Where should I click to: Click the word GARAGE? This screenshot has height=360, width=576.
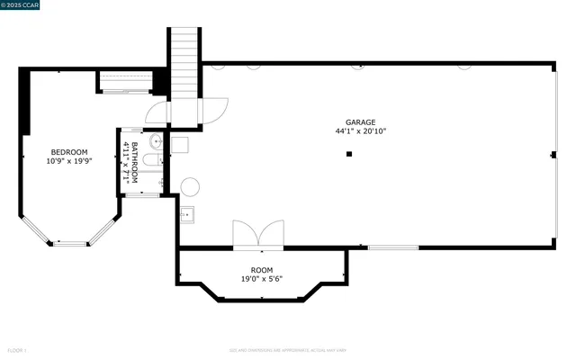(360, 121)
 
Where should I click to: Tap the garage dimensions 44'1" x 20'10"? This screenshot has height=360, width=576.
(360, 131)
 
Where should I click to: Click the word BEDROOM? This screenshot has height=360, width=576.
(69, 151)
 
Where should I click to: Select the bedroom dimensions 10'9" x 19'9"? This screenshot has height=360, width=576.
(69, 161)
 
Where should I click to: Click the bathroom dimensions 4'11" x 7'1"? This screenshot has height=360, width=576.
(126, 162)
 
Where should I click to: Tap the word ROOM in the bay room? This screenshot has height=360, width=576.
(261, 270)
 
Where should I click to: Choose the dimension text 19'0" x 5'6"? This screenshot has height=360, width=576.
(261, 280)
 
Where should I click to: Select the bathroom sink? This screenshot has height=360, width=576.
(156, 141)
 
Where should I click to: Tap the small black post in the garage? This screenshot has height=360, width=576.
(348, 154)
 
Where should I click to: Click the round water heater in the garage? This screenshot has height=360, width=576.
(190, 187)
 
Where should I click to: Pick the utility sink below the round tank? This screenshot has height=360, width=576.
(187, 214)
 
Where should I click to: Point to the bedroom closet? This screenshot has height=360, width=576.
(125, 82)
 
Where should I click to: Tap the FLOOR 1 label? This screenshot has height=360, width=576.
(17, 349)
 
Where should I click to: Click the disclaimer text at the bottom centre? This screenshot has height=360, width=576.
(288, 349)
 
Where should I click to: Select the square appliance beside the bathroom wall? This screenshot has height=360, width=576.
(178, 144)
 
